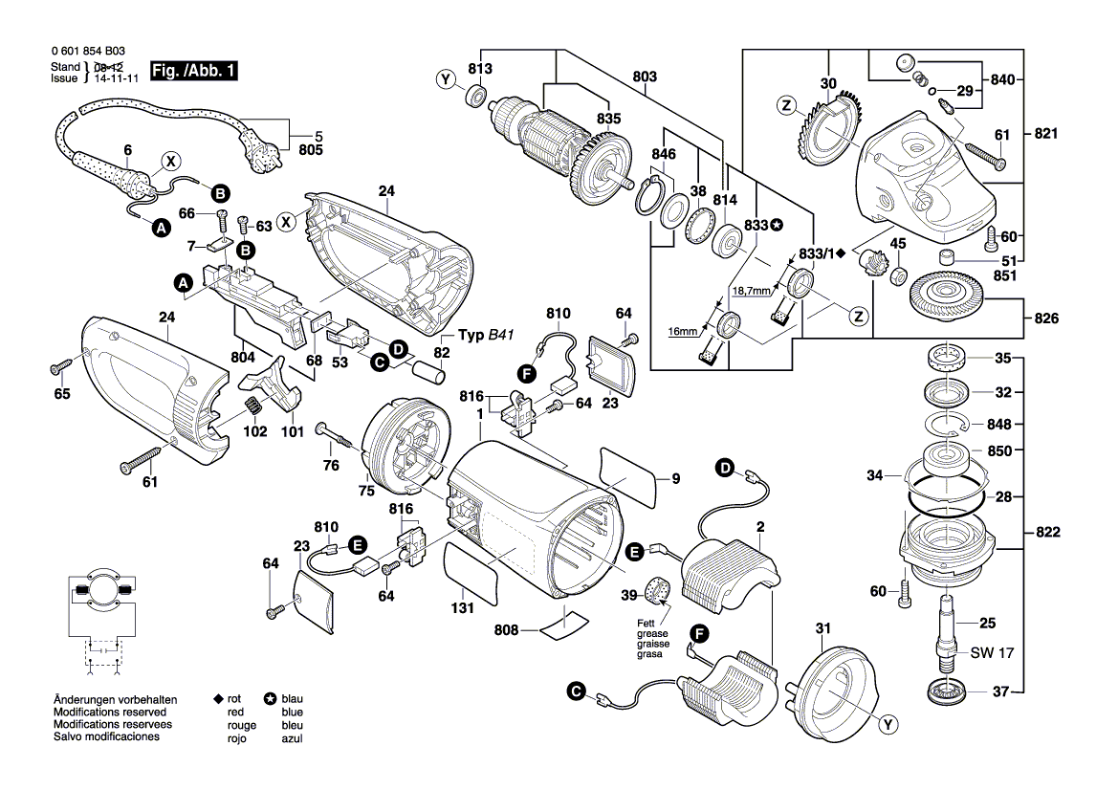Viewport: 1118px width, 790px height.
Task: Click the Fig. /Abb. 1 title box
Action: [194, 73]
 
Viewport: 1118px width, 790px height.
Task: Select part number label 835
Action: [608, 119]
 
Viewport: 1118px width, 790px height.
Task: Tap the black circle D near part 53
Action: [398, 350]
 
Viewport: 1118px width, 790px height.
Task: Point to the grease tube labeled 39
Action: [658, 592]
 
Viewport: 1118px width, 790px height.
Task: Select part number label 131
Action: [463, 607]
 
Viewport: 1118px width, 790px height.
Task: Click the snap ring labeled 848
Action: [947, 423]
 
